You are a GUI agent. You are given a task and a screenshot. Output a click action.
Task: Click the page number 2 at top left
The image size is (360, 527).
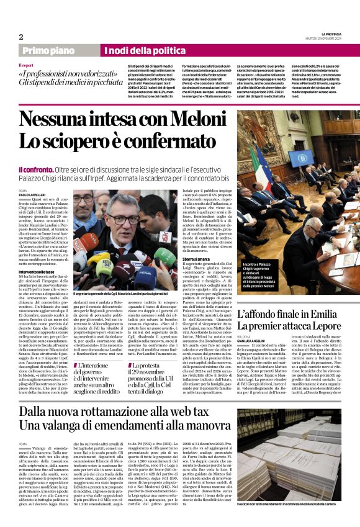click(20, 37)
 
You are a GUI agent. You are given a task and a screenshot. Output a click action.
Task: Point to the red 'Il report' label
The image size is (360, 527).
click(26, 65)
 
